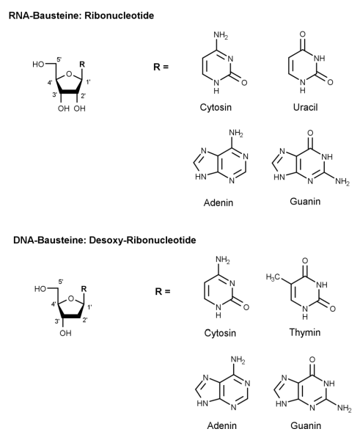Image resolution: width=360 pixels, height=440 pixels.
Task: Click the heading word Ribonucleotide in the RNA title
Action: pos(120,15)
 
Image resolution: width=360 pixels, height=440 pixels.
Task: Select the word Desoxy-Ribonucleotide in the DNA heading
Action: pos(142,241)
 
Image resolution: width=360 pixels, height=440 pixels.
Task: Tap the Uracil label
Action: pos(305,107)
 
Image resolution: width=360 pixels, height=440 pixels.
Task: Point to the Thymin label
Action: pos(305,332)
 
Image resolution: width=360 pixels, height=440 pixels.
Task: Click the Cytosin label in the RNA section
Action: pos(216,107)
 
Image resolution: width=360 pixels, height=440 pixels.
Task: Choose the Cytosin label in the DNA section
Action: pos(220,333)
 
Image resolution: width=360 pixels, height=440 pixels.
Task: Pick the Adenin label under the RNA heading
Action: pos(218,202)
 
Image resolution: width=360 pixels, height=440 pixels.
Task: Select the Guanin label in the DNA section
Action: pos(306,425)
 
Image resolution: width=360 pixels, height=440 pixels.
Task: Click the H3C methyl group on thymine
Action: pos(273,277)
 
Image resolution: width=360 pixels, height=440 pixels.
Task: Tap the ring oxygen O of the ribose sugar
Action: pos(69,74)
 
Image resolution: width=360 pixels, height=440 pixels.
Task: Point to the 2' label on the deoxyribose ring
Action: pos(85,320)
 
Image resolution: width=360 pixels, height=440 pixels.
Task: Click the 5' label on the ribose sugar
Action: pos(59,59)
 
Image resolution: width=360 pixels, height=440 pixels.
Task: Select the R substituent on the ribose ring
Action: pos(82,65)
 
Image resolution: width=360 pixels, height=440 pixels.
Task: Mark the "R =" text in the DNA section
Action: pos(163,292)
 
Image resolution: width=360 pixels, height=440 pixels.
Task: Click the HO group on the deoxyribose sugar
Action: pos(40,289)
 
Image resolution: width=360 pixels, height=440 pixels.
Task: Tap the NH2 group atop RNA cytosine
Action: pos(221,36)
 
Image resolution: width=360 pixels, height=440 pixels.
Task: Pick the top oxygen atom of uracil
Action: pos(303,34)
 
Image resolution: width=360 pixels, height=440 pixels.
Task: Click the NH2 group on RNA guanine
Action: pos(342,182)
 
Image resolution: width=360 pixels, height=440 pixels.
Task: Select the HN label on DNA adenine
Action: pos(202,403)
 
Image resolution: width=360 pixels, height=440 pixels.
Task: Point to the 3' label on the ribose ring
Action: pos(55,95)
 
